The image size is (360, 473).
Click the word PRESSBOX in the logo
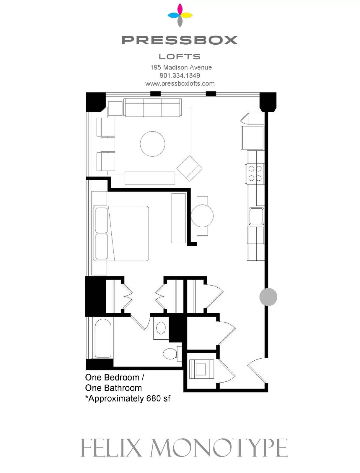tap(180, 40)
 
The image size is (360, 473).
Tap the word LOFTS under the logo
tap(180, 57)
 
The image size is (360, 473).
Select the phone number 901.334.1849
tap(180, 75)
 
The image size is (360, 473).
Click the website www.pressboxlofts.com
tap(180, 84)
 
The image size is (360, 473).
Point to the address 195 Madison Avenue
tap(181, 67)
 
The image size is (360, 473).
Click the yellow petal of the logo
tap(186, 15)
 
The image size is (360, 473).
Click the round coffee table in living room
tap(152, 144)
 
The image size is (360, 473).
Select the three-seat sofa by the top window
tap(152, 108)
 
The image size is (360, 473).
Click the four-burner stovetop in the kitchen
tap(255, 174)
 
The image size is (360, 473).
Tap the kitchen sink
tap(256, 216)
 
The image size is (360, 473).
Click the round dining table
tap(202, 216)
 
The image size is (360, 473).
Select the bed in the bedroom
tap(121, 233)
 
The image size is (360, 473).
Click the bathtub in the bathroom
tap(103, 338)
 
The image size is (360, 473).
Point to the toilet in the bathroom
tap(172, 354)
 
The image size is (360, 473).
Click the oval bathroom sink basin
tap(161, 328)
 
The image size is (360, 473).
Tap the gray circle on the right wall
tap(268, 297)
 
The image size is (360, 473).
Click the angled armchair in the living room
tap(189, 168)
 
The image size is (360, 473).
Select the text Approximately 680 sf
tap(129, 399)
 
